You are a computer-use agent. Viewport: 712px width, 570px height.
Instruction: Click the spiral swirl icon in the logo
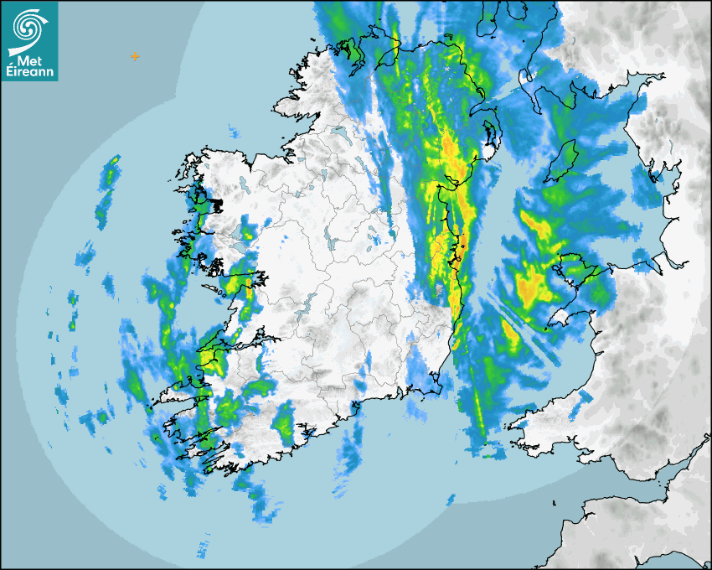click(28, 25)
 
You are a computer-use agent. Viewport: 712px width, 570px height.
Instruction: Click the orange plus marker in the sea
click(134, 56)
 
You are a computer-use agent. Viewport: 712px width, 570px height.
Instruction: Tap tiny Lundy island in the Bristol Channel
click(556, 503)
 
